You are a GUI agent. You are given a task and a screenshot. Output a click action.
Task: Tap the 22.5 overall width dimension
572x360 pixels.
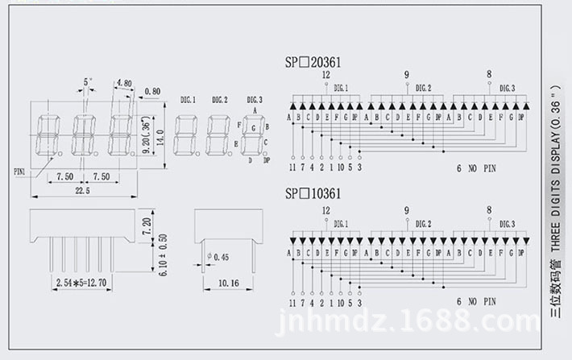tap(82, 190)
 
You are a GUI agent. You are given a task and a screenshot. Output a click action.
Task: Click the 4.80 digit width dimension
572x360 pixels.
tap(124, 83)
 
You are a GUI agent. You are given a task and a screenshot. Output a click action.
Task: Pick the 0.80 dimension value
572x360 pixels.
tap(151, 90)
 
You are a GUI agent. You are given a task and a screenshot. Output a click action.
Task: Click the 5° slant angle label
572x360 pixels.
tap(87, 82)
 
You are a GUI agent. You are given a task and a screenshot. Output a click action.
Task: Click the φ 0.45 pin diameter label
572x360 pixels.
tap(218, 258)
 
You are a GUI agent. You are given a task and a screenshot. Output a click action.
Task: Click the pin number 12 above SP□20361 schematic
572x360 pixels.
tap(325, 75)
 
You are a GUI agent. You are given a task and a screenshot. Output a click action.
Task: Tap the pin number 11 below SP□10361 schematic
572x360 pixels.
tap(292, 302)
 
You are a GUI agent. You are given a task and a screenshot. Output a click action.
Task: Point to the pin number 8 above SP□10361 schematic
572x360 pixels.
tap(488, 209)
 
